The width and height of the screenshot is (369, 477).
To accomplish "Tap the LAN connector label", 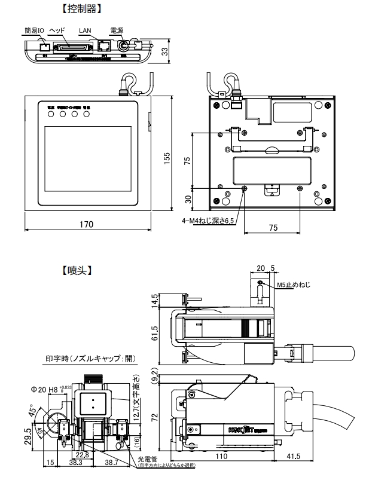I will [x=86, y=30].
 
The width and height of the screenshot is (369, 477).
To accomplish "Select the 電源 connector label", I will [x=117, y=30].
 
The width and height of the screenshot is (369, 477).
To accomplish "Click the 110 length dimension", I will [x=222, y=455].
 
